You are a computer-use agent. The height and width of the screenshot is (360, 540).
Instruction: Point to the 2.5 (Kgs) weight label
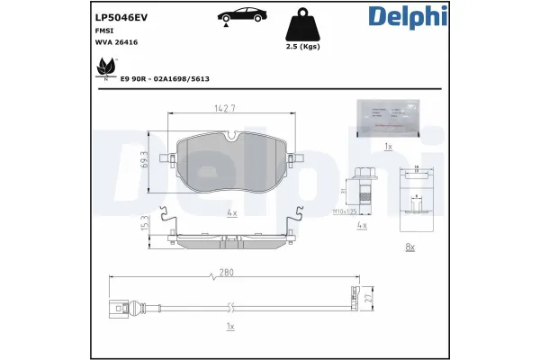tap(303, 46)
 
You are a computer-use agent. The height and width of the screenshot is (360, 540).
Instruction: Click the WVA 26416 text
tap(116, 41)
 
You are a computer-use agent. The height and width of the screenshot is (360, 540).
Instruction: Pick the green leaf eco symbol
tap(107, 66)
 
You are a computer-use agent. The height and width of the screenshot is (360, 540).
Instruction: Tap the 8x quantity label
tap(410, 246)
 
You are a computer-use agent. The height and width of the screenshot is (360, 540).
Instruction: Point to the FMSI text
tap(103, 30)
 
